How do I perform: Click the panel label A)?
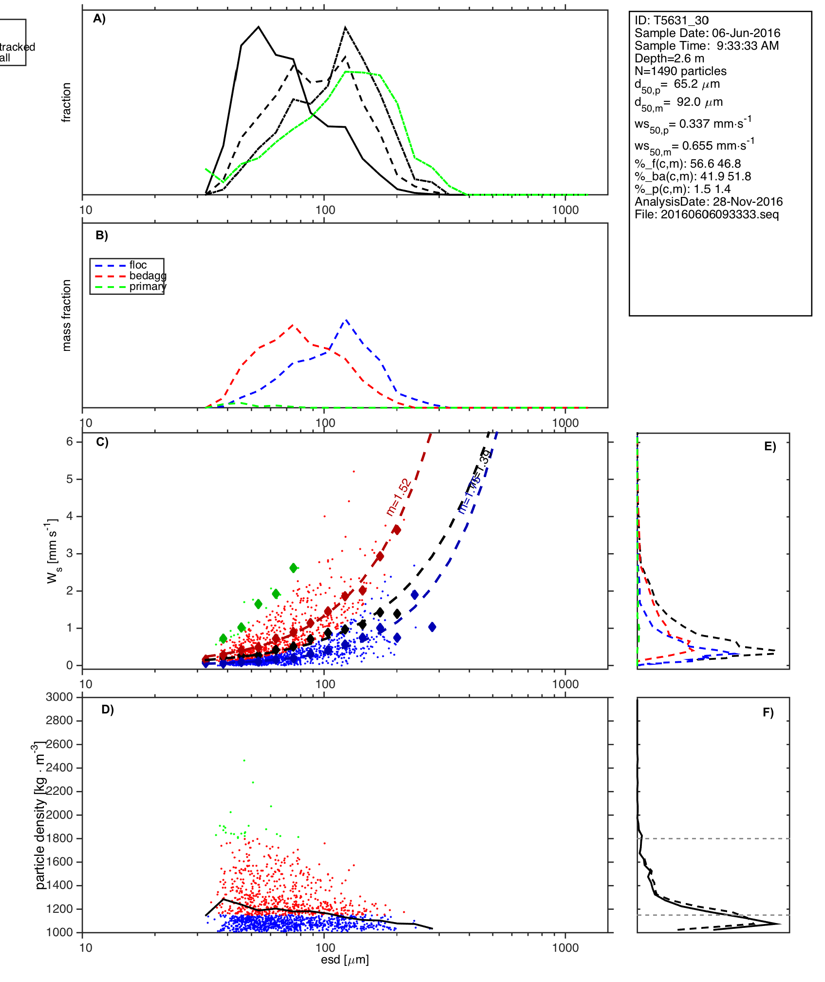[x=99, y=19]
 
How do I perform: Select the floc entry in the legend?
[x=138, y=265]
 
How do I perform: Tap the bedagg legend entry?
[x=148, y=276]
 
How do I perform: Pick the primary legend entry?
[x=148, y=287]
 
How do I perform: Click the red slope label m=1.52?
[x=399, y=498]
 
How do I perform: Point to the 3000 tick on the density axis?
[x=59, y=697]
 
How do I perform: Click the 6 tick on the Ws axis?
[x=70, y=442]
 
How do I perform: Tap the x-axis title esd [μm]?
[x=345, y=960]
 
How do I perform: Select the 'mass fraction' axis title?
[x=67, y=315]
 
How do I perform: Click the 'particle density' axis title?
[x=40, y=823]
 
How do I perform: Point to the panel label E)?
[x=770, y=447]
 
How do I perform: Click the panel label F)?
[x=768, y=713]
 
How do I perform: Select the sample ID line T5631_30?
[x=672, y=20]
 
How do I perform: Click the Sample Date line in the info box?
[x=707, y=33]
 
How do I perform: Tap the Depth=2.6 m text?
[x=669, y=58]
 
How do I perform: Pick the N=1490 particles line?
[x=680, y=71]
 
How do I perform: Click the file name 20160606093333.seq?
[x=707, y=214]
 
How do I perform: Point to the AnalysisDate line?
[x=709, y=202]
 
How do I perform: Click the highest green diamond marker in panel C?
[x=294, y=568]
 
